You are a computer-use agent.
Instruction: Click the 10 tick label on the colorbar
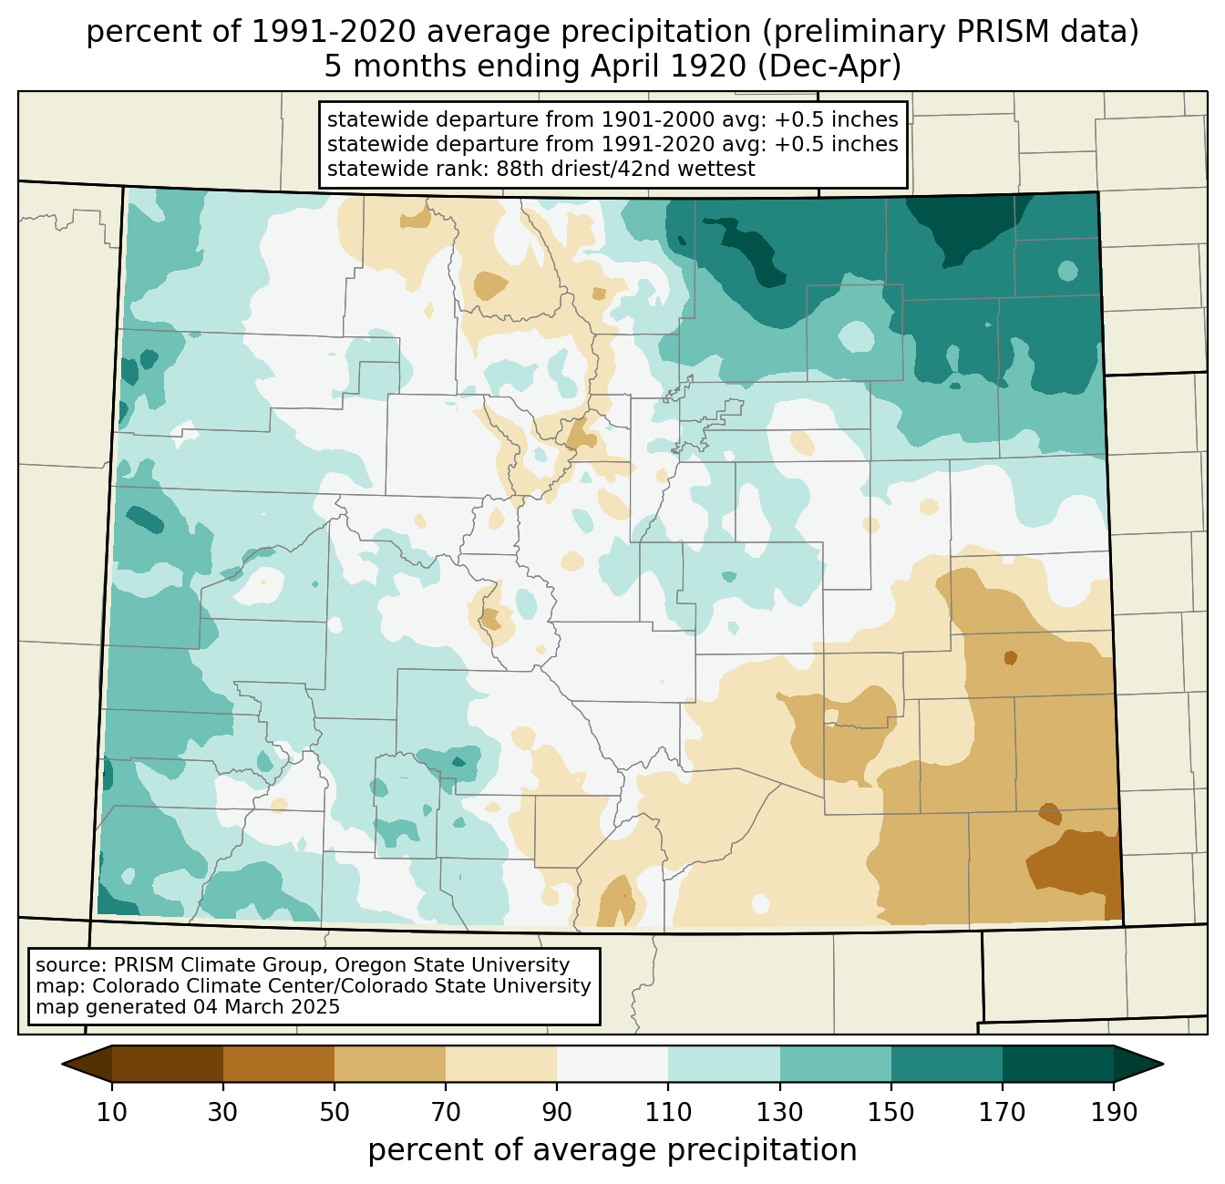coord(112,1113)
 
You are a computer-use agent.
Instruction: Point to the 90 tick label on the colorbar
coord(557,1113)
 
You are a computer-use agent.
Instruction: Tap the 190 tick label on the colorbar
coord(1113,1113)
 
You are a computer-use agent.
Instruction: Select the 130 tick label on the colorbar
coord(780,1113)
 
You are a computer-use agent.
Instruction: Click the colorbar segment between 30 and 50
coord(279,1064)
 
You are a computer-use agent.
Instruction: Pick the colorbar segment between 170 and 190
coord(1057,1064)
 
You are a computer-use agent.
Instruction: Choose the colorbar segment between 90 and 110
coord(612,1064)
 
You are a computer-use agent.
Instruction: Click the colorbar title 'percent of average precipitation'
coord(612,1150)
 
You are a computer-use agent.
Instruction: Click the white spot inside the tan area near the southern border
coord(760,903)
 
